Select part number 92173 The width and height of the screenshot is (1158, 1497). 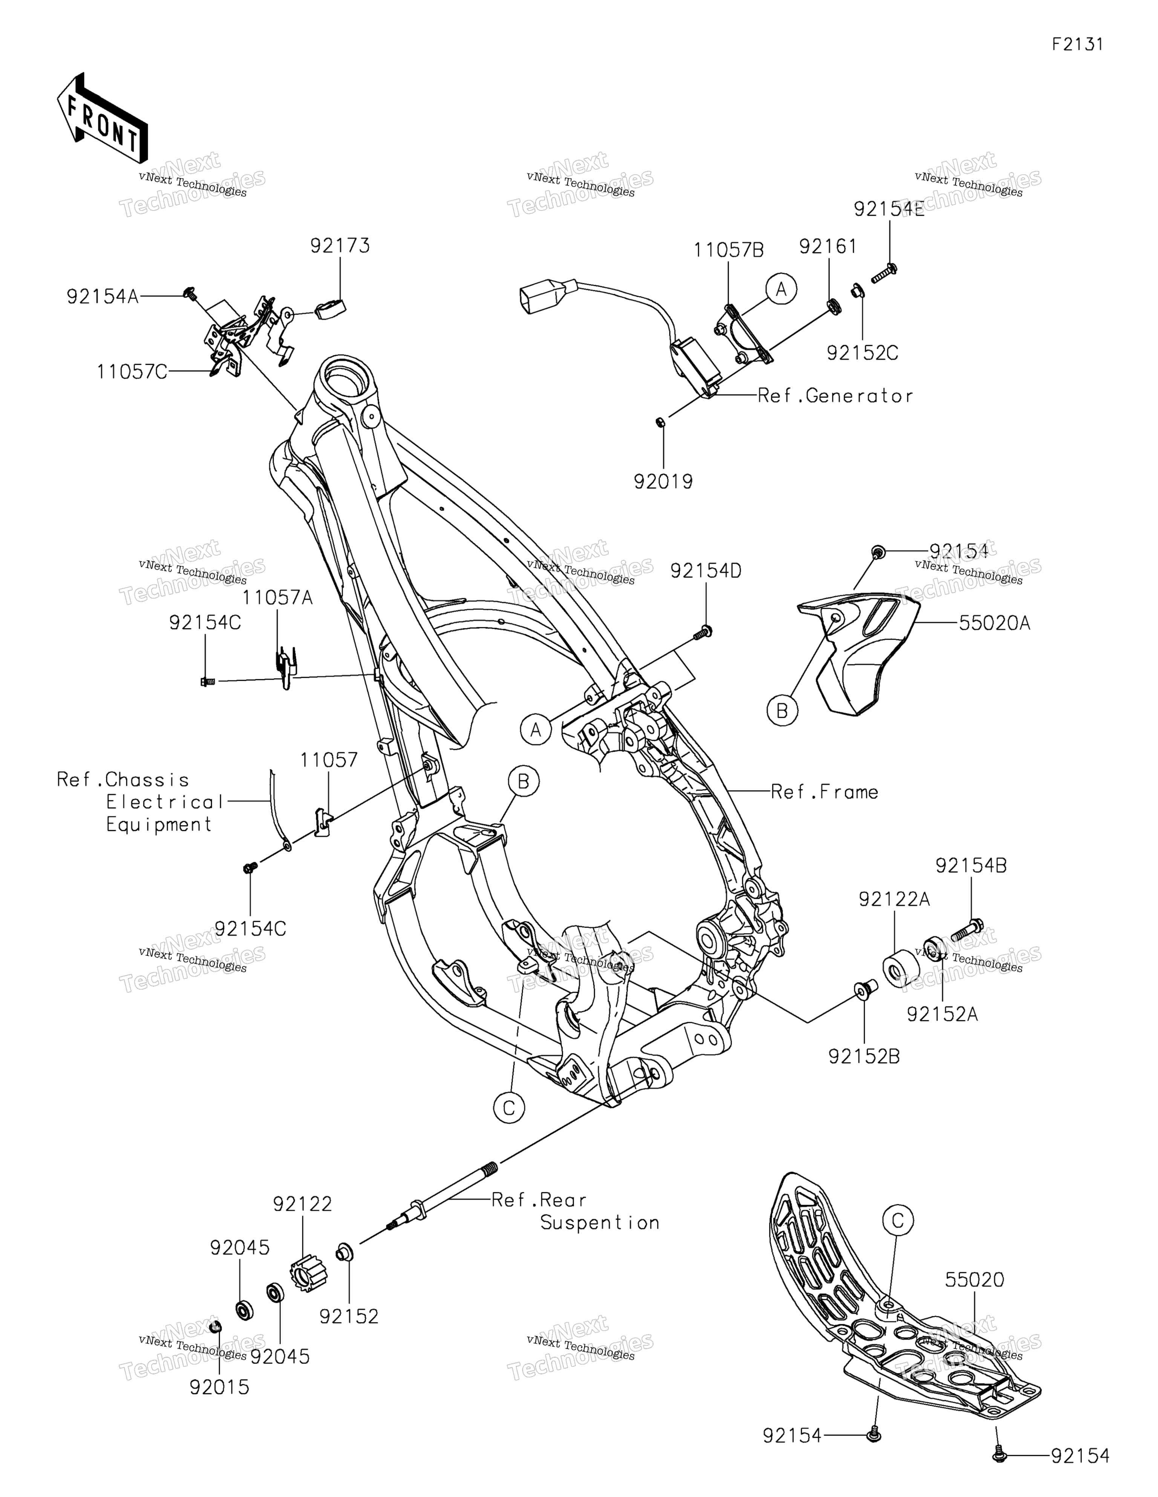click(340, 246)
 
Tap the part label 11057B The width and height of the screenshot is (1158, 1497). click(728, 250)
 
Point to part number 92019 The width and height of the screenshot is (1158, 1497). click(663, 482)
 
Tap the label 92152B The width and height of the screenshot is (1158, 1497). click(864, 1056)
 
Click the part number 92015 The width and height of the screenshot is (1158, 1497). click(219, 1387)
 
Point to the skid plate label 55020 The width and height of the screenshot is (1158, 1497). click(975, 1280)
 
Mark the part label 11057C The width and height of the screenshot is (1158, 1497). click(132, 372)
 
